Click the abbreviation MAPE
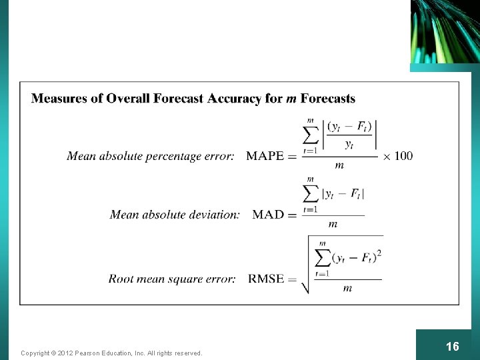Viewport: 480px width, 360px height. coord(265,156)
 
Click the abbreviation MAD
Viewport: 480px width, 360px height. coord(268,215)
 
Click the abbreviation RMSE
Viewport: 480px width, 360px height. coord(266,279)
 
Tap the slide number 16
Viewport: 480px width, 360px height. coord(452,346)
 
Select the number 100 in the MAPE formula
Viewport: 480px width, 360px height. coord(403,156)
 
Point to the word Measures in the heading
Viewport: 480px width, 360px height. coord(59,99)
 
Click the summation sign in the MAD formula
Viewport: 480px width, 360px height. coord(311,193)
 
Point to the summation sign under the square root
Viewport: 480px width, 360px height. coord(323,257)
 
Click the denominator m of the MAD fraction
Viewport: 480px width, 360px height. coord(333,224)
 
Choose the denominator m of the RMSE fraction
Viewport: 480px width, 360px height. coord(347,289)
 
